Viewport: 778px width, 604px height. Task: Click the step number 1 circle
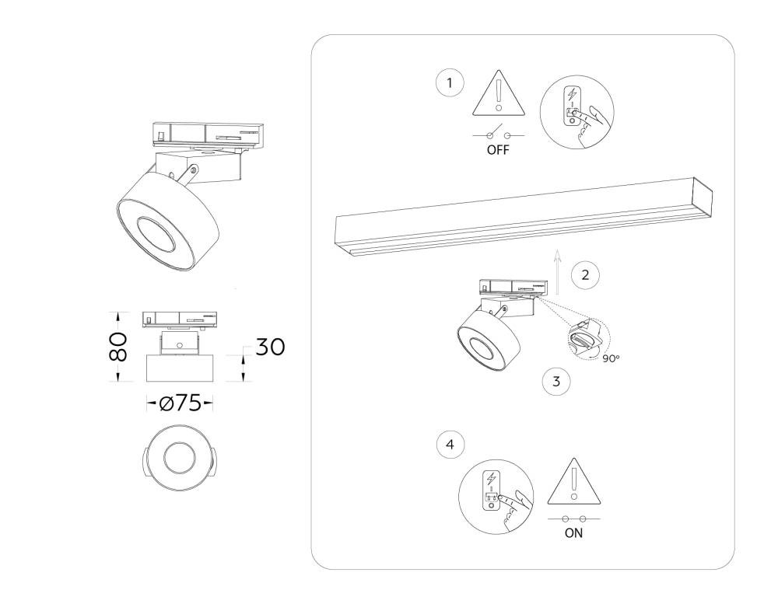[x=450, y=83]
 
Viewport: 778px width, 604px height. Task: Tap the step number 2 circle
[x=586, y=274]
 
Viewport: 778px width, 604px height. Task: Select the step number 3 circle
[x=556, y=382]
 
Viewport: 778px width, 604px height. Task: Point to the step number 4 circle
[x=450, y=445]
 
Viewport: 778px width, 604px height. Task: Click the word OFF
[x=498, y=150]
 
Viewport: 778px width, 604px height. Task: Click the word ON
[x=573, y=533]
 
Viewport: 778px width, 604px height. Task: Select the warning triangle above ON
[x=574, y=481]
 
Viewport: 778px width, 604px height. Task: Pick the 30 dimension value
[x=271, y=347]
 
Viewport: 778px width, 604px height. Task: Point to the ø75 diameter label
[x=180, y=403]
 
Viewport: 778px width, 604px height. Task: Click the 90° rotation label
[x=612, y=358]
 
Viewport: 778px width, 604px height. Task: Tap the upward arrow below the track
[x=558, y=272]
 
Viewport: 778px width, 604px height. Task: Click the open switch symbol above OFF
[x=499, y=133]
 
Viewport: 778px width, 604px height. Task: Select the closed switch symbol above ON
[x=574, y=518]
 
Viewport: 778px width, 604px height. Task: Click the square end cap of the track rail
[x=703, y=197]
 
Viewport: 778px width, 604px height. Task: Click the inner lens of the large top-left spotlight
[x=156, y=235]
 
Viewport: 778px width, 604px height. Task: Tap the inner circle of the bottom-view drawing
[x=180, y=458]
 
